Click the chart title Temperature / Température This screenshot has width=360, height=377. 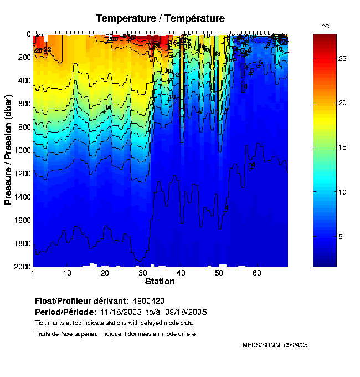[x=160, y=18]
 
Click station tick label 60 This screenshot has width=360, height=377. [x=256, y=273]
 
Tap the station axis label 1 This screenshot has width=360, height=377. [x=34, y=273]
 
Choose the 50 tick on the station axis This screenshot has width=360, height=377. [x=219, y=273]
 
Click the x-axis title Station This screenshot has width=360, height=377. [x=160, y=282]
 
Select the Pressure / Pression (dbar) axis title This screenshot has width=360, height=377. [x=8, y=150]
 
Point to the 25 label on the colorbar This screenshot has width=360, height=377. [x=342, y=58]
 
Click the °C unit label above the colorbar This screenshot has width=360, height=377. [x=326, y=27]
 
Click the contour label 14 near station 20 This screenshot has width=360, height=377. [x=108, y=108]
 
